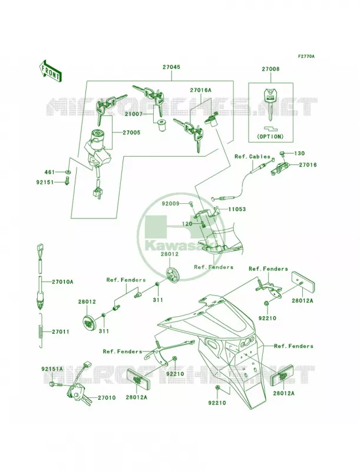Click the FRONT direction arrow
pos(50,71)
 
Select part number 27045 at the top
pos(171,67)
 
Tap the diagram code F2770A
pos(306,56)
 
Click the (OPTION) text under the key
pos(270,137)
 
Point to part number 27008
pos(270,69)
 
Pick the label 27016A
pos(200,90)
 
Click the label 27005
pos(131,132)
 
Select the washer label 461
pos(49,172)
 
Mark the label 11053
pos(236,209)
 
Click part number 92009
pos(170,203)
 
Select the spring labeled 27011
pos(42,330)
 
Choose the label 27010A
pos(62,282)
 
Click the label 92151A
pos(52,369)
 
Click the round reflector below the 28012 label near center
pos(173,274)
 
